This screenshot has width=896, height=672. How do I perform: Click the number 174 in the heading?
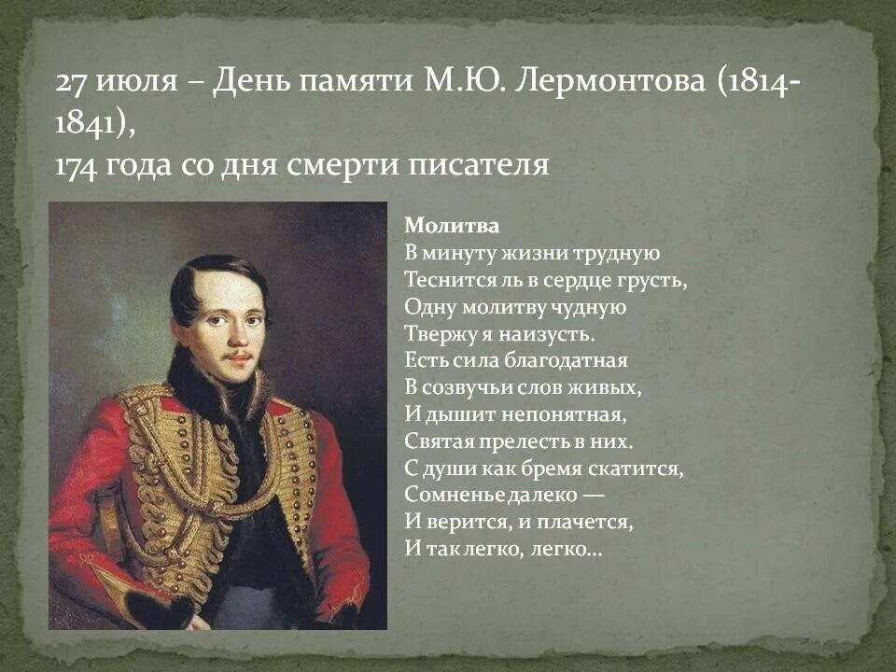[x=77, y=165]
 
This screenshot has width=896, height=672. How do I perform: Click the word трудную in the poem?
[x=622, y=253]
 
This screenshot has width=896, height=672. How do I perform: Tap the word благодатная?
[x=574, y=360]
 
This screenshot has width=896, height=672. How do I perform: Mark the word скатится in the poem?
[x=643, y=468]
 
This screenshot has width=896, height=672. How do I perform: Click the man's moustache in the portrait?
[x=239, y=356]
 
